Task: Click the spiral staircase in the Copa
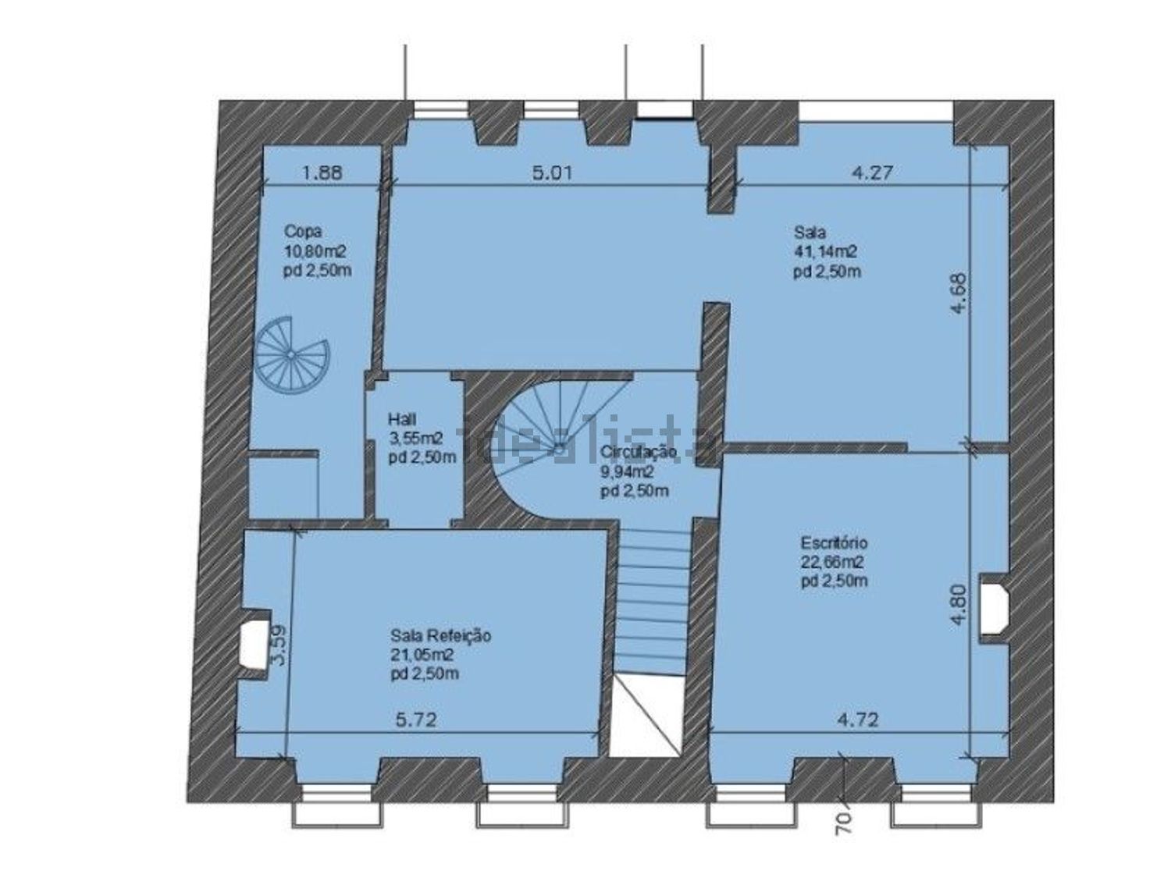click(291, 354)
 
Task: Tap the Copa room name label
click(302, 231)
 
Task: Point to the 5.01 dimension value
click(553, 172)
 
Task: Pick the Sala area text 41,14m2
click(826, 251)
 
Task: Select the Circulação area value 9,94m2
click(628, 471)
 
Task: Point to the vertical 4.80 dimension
click(959, 605)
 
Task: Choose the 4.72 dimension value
click(857, 720)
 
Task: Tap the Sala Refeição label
click(440, 636)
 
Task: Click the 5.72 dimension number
click(416, 720)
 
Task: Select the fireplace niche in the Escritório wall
click(993, 605)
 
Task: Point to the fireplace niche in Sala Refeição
click(254, 644)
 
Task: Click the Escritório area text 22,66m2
click(832, 562)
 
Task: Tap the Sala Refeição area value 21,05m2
click(422, 655)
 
